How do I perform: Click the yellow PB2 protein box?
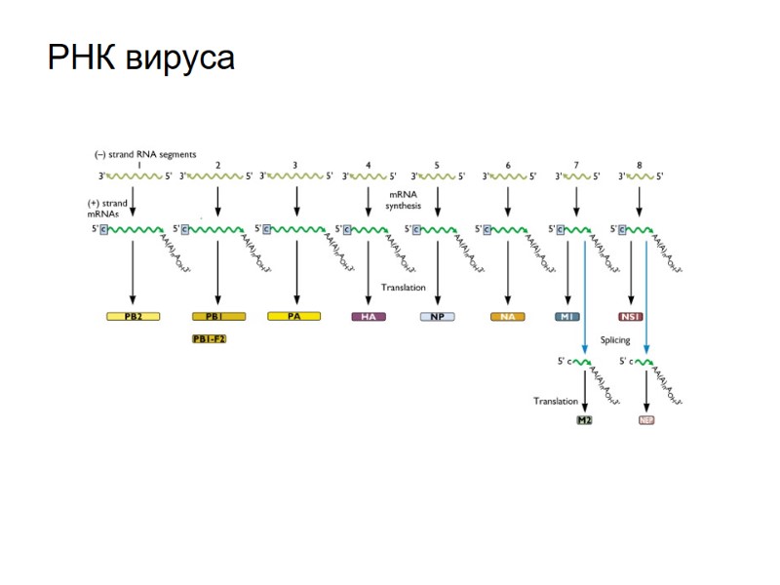[133, 317]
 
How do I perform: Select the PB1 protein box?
[217, 317]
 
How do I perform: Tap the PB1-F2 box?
[215, 338]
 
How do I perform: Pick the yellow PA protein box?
[294, 317]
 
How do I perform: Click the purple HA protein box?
[368, 317]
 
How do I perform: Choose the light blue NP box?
[437, 317]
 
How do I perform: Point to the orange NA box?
[508, 317]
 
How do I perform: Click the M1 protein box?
[567, 317]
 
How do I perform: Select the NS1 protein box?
[631, 317]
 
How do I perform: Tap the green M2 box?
[584, 420]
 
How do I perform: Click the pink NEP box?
[645, 420]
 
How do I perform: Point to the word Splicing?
[614, 340]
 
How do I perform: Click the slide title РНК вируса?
[141, 58]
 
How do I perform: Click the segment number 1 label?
[139, 165]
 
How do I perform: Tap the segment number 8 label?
[639, 165]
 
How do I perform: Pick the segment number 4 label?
[368, 165]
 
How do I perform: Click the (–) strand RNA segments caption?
[145, 153]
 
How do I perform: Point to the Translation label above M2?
[554, 401]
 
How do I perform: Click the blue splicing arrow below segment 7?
[584, 292]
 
